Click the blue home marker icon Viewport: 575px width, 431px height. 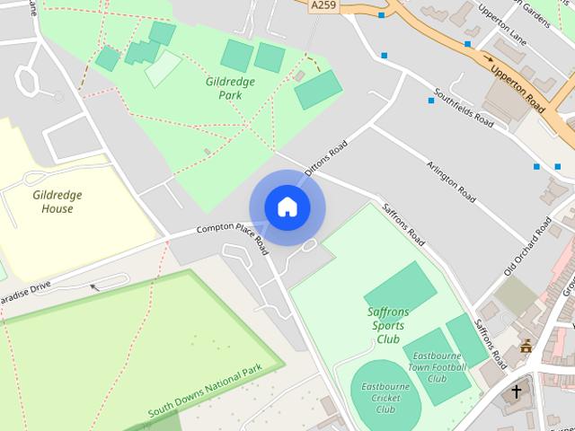[x=287, y=207]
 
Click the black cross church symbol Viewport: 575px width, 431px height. [x=517, y=392]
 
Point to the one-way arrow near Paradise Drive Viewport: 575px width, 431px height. [x=94, y=287]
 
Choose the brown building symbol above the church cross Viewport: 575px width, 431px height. [x=526, y=347]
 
